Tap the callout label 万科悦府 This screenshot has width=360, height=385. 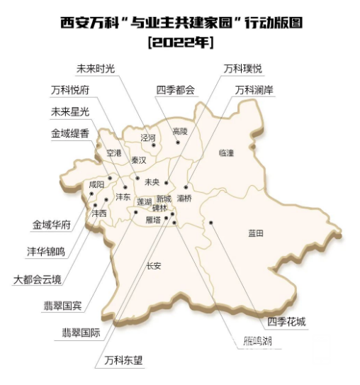tap(70, 90)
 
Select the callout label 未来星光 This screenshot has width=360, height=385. tap(70, 111)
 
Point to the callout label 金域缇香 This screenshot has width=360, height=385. tap(70, 133)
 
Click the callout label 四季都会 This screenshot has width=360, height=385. tap(174, 90)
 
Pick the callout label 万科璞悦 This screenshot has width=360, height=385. tap(242, 69)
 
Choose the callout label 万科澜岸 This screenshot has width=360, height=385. tap(254, 90)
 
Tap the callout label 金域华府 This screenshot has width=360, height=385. tap(52, 225)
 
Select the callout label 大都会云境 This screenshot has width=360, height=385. tap(38, 279)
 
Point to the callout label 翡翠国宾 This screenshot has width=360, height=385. tap(62, 306)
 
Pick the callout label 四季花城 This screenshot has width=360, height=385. tap(287, 322)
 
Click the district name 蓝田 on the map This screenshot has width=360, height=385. tap(255, 233)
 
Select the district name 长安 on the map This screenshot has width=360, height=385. tap(154, 266)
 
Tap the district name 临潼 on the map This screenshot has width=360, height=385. tap(226, 152)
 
